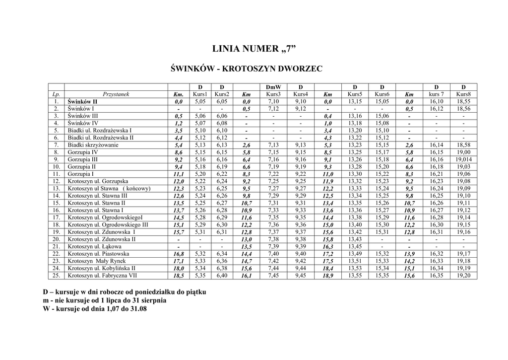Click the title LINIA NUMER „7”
click(254, 49)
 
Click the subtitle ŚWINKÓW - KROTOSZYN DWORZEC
click(254, 68)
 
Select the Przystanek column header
click(116, 94)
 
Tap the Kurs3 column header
click(273, 94)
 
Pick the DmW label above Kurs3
click(273, 87)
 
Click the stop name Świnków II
click(82, 101)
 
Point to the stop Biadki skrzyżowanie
click(93, 145)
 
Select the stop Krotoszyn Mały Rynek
click(97, 261)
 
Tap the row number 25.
click(56, 275)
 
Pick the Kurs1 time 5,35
click(200, 275)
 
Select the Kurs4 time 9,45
click(301, 275)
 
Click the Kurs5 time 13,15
click(355, 101)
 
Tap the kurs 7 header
click(437, 94)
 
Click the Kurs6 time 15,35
click(381, 275)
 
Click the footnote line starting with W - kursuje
click(95, 308)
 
